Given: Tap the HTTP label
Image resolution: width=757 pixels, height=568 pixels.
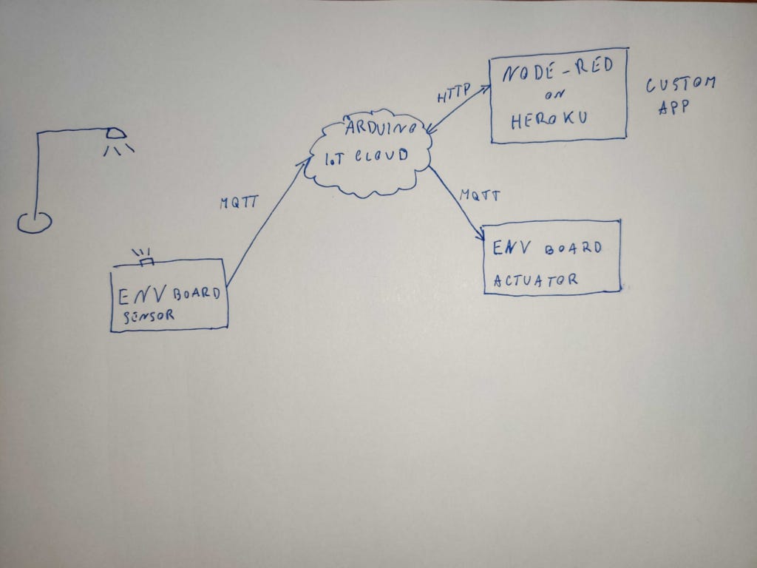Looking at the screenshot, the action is tap(452, 95).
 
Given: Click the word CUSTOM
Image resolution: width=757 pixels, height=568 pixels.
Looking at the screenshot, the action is tap(681, 84).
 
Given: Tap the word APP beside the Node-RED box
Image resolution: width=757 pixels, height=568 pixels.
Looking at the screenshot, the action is tap(673, 106).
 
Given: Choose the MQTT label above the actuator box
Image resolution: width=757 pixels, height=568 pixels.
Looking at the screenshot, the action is tap(479, 196).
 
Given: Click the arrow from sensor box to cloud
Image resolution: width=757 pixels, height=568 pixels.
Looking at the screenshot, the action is tap(266, 222).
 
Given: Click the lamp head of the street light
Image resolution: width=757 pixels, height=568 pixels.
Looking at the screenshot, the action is tap(115, 134).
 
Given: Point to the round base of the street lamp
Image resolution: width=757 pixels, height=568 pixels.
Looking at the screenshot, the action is tap(34, 222).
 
